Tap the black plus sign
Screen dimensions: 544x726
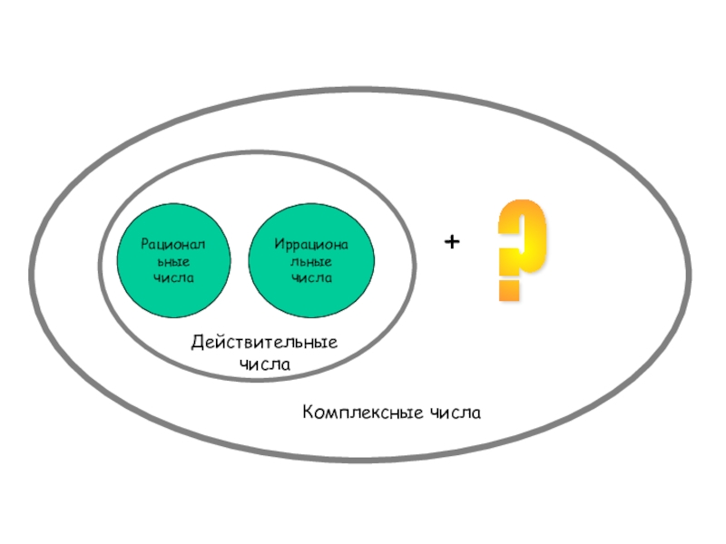point(452,243)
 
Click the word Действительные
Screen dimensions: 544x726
point(264,344)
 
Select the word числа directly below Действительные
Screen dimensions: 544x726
point(264,364)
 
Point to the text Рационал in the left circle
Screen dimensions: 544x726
point(172,245)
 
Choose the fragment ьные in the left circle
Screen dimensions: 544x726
point(172,261)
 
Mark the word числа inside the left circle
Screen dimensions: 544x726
point(172,277)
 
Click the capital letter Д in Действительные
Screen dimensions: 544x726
point(197,344)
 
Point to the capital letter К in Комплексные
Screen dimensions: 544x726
point(309,413)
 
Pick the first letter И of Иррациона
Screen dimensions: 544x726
point(278,246)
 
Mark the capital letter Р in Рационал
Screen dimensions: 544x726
point(144,245)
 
